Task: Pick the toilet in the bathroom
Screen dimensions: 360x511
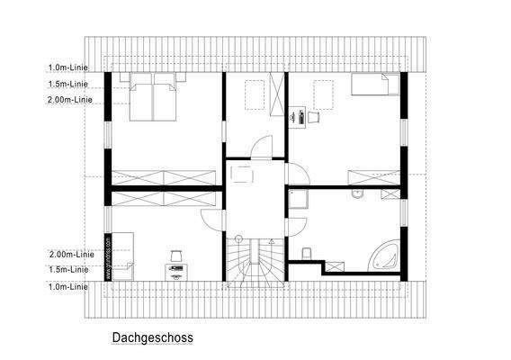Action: (308, 253)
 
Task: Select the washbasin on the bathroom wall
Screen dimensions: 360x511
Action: (357, 193)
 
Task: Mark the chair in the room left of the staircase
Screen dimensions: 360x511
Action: (175, 255)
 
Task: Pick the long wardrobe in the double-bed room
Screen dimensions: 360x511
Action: (167, 176)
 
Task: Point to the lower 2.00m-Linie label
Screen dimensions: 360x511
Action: (71, 255)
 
